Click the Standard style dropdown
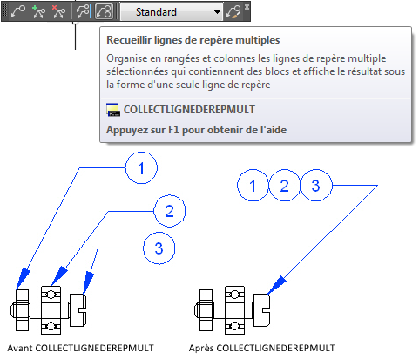click(x=172, y=12)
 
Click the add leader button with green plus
click(x=38, y=12)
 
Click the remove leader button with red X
click(x=58, y=12)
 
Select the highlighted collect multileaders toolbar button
click(x=104, y=11)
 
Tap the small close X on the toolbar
click(x=247, y=7)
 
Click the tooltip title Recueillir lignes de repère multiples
click(x=193, y=40)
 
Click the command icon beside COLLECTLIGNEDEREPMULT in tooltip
click(x=113, y=110)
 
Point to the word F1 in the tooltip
click(x=173, y=130)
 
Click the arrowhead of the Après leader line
click(x=276, y=286)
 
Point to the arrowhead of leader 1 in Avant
click(x=23, y=279)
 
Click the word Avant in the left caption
click(x=19, y=348)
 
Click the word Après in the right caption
click(x=201, y=348)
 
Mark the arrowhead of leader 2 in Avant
click(x=59, y=276)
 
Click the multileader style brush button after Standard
click(x=234, y=12)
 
